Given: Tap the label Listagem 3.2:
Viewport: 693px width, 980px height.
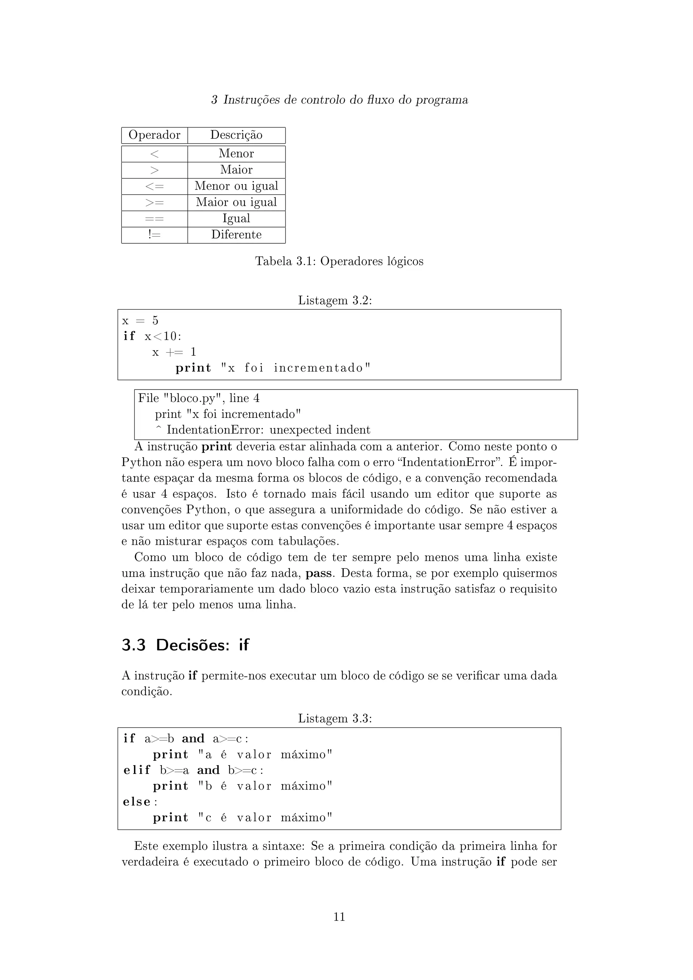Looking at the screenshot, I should (x=335, y=300).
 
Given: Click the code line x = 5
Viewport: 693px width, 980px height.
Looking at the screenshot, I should (x=140, y=320).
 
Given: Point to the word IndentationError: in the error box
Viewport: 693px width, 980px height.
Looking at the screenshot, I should (x=216, y=430).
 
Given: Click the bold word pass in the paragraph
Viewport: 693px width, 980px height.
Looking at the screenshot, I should (x=318, y=573).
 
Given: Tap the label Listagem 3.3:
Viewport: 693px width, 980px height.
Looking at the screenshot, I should (x=335, y=719).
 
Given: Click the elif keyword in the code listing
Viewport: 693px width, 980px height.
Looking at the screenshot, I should (x=137, y=771).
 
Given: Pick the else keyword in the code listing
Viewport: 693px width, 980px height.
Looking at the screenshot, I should (x=137, y=802).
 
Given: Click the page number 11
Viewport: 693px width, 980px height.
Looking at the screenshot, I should (x=339, y=917).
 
